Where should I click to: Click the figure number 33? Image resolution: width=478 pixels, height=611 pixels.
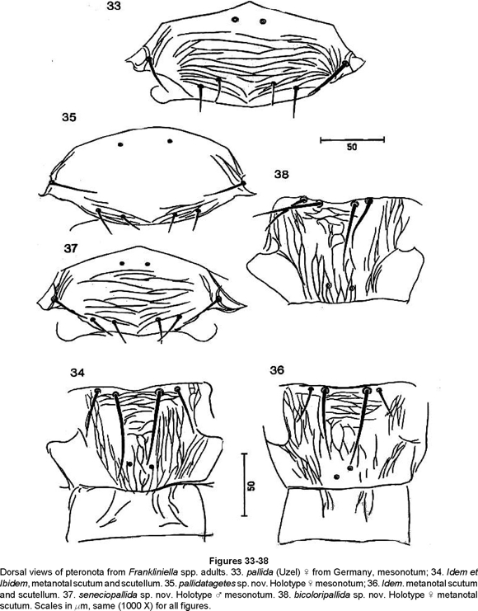click(115, 6)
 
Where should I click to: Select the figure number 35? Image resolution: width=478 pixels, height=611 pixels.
click(69, 117)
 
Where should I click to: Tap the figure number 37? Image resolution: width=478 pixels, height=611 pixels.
click(70, 248)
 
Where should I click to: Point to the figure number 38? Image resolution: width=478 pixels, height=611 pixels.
click(281, 174)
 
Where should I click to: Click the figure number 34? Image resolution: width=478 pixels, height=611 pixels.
click(77, 373)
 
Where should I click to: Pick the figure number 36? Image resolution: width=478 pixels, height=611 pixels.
click(277, 369)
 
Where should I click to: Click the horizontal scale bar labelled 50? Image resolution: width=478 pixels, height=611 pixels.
click(352, 139)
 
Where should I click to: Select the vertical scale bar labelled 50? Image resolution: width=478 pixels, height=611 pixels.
click(244, 485)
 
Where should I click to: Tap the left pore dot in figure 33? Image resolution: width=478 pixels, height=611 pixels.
click(235, 20)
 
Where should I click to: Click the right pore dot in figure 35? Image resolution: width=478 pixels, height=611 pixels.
click(170, 141)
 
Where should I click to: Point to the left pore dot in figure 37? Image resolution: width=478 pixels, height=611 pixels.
click(122, 264)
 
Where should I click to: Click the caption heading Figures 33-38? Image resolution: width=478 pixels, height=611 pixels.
click(239, 562)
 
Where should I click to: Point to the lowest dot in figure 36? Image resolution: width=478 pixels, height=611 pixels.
click(336, 477)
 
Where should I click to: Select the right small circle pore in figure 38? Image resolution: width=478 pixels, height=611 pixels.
click(352, 289)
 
